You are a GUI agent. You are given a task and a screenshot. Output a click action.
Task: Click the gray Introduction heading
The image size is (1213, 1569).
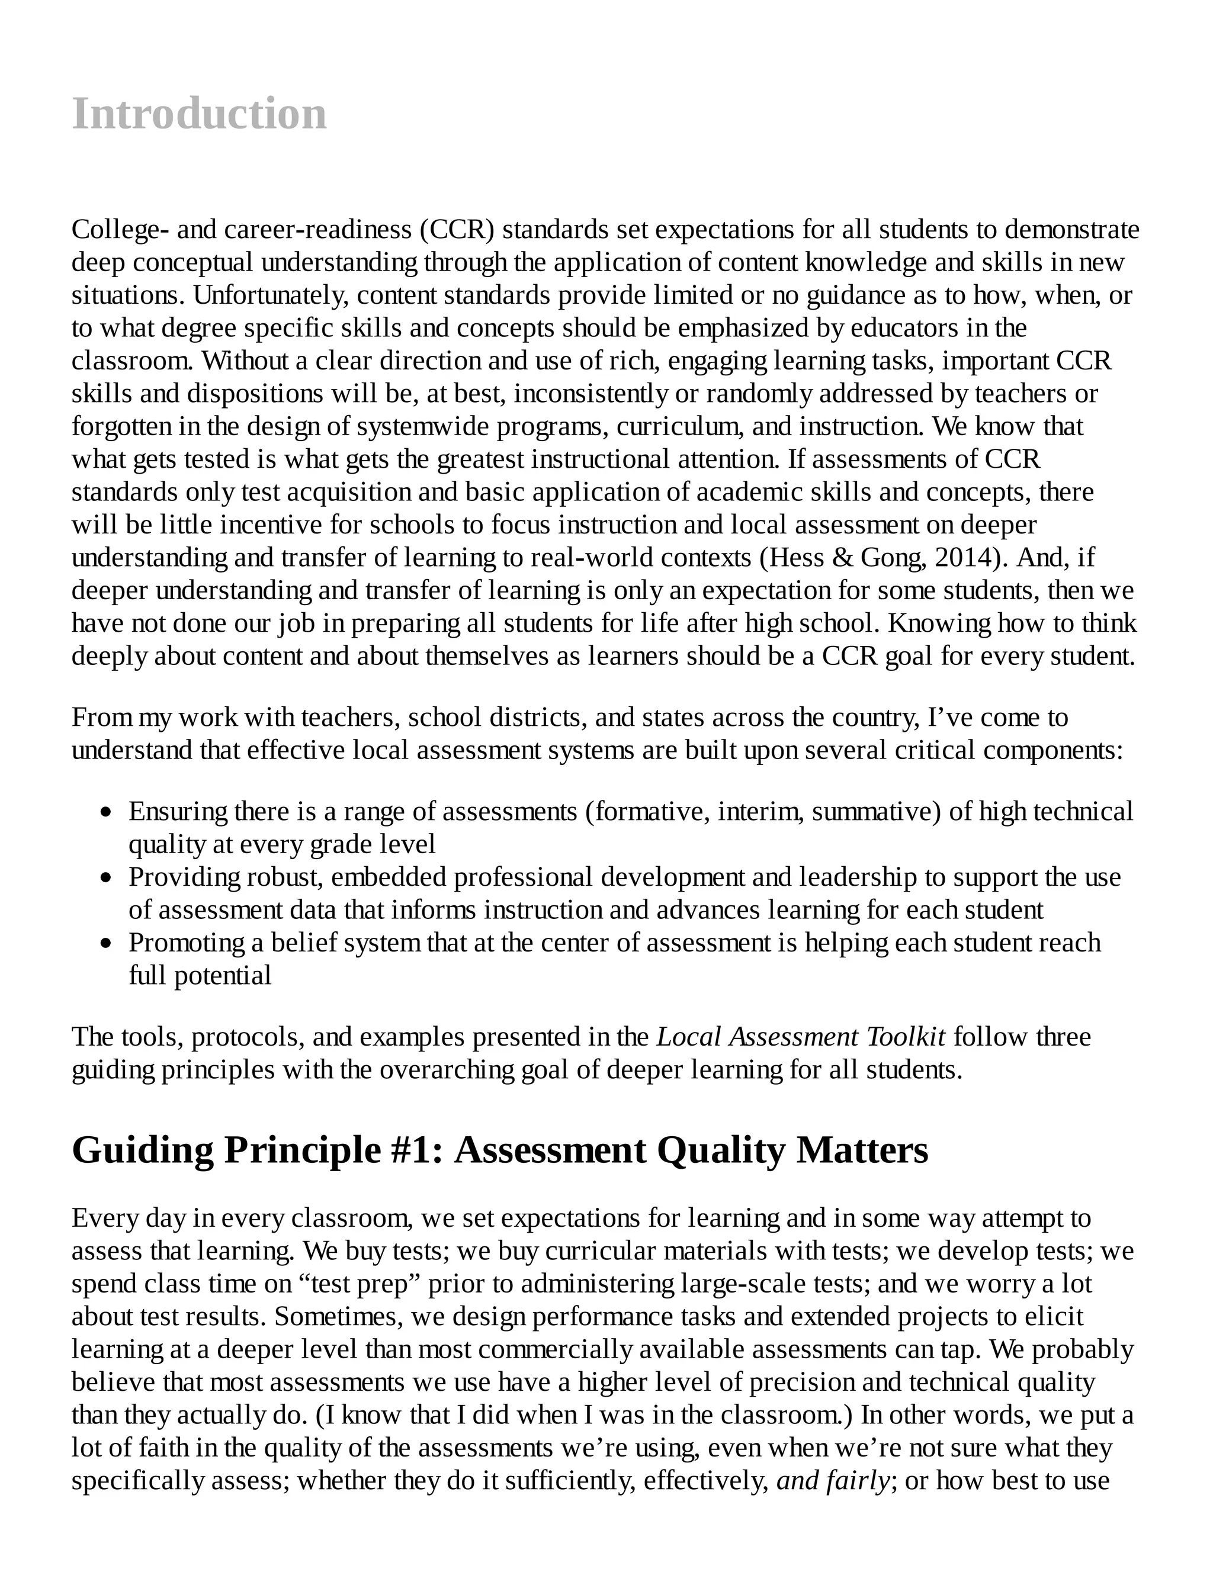pos(199,114)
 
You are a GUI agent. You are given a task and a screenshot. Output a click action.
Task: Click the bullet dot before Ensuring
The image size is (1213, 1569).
pos(107,812)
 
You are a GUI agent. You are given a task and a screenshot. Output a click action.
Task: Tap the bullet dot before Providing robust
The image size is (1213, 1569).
pos(107,878)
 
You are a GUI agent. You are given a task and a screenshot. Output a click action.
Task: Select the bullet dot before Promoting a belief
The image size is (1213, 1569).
pos(107,944)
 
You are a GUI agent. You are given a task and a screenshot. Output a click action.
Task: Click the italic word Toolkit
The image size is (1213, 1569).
pos(906,1037)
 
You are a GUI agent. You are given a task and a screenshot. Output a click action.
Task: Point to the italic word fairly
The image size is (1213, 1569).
pos(858,1481)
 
